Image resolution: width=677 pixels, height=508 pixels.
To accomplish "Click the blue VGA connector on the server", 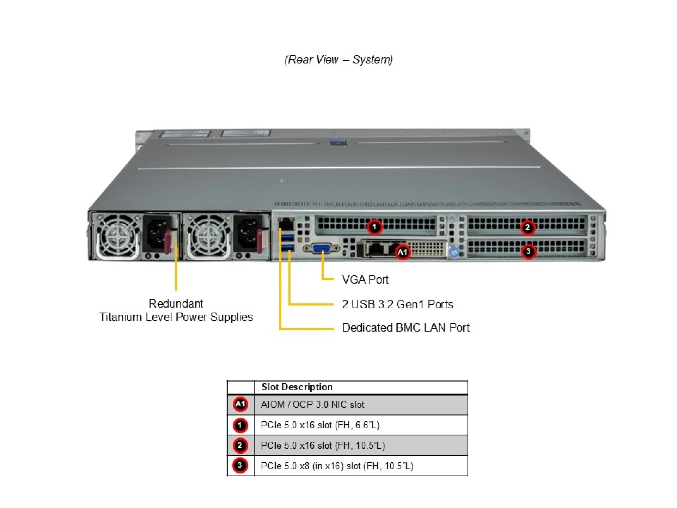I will [x=321, y=248].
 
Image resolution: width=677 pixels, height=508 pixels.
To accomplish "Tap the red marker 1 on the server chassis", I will [x=374, y=227].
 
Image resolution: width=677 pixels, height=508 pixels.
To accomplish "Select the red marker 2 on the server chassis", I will [x=527, y=227].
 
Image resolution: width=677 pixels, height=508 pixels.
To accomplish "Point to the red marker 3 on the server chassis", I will [x=528, y=252].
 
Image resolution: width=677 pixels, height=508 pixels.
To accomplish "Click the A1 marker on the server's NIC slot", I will [x=402, y=252].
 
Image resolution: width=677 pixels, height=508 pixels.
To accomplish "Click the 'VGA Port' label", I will [x=365, y=280].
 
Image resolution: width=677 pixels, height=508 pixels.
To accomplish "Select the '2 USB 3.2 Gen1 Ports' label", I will [x=397, y=304].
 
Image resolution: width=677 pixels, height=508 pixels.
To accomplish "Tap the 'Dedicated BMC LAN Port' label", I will [x=405, y=328].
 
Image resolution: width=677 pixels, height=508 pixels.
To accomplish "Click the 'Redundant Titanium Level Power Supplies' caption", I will [x=176, y=310].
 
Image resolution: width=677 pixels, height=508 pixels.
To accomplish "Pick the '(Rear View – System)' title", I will [x=338, y=60].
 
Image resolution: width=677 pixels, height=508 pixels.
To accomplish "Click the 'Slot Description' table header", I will [x=297, y=387].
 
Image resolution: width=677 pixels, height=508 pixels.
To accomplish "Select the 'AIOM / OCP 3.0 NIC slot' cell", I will [x=312, y=405].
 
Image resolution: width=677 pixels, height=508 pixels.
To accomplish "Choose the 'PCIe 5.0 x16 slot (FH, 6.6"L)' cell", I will [x=320, y=425].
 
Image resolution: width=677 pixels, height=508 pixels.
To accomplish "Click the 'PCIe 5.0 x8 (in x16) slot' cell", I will [x=337, y=466].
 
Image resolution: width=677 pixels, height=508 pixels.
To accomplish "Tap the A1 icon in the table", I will [x=240, y=404].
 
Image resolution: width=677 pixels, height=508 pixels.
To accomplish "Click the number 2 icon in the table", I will [x=240, y=446].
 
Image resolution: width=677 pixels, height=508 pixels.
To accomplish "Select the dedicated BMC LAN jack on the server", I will [x=286, y=223].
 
